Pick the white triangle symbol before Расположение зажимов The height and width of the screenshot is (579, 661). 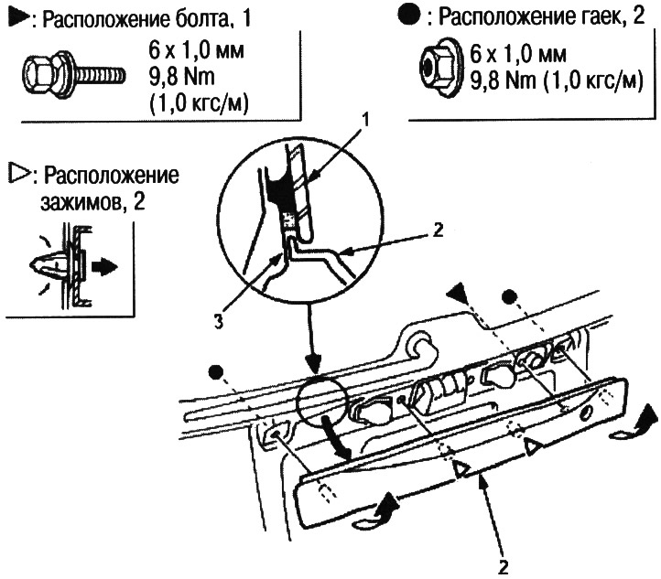tap(16, 175)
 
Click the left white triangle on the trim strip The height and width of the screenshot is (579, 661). tap(462, 470)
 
